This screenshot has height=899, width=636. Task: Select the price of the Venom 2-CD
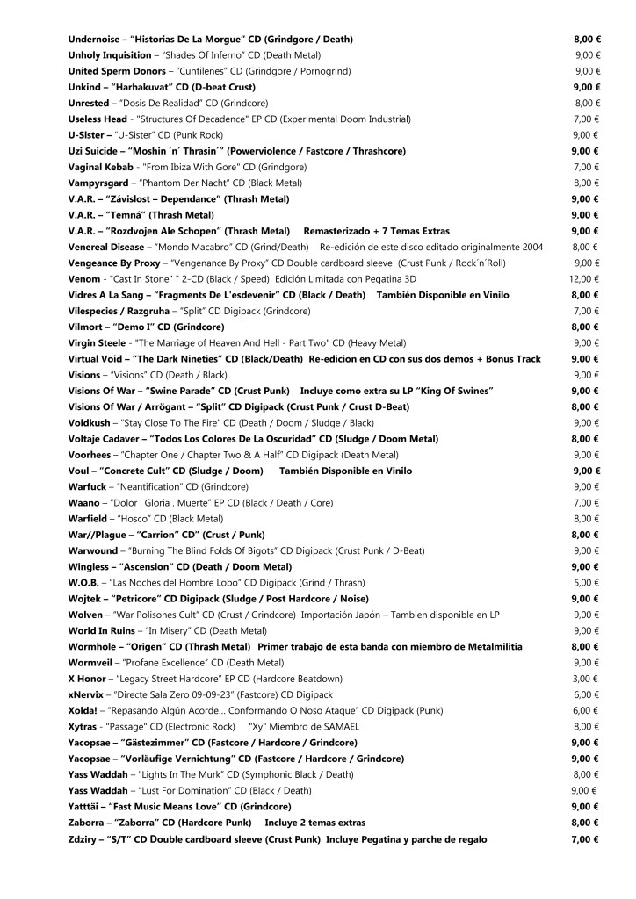[585, 278]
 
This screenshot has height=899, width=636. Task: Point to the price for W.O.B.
[586, 582]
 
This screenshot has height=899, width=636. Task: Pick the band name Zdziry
[85, 839]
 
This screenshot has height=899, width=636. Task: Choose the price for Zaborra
[585, 823]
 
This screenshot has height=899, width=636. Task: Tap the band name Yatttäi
[90, 807]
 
